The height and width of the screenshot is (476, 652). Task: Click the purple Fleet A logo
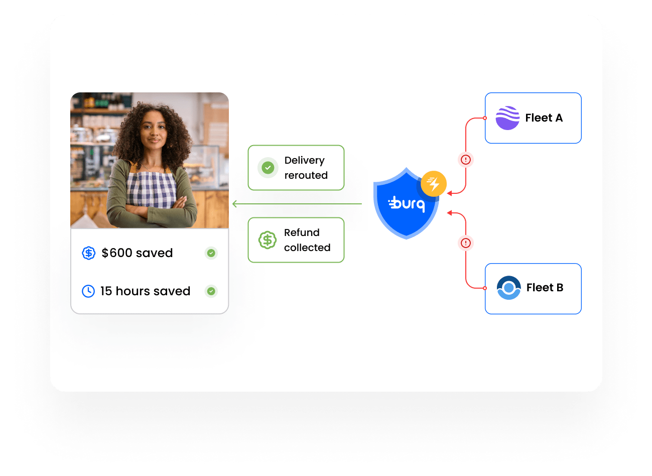pos(507,118)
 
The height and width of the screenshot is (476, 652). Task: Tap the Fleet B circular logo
pos(508,288)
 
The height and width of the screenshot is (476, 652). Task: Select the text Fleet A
pos(544,118)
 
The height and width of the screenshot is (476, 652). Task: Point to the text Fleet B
pos(545,288)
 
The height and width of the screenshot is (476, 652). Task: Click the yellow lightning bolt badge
pos(434,184)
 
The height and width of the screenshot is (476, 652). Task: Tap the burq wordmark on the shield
pos(407,204)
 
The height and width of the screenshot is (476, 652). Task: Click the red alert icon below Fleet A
pos(466,160)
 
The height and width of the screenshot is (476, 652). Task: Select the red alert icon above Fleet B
pos(466,243)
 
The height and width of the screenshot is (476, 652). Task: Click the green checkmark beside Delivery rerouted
pos(268,168)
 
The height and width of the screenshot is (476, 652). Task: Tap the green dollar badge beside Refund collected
pos(268,240)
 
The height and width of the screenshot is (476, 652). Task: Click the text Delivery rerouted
pos(306,168)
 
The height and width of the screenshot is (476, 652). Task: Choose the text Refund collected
pos(307,240)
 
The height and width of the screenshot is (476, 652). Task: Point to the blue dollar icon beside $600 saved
pos(88,253)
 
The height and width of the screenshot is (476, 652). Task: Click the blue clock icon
pos(88,291)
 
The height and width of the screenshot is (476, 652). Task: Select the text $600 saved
pos(137,253)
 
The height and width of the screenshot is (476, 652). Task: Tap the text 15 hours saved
pos(145,291)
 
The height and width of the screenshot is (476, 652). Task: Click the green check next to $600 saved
pos(211,253)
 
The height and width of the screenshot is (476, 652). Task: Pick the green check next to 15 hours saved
pos(211,291)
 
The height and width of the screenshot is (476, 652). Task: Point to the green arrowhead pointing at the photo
pos(234,204)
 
